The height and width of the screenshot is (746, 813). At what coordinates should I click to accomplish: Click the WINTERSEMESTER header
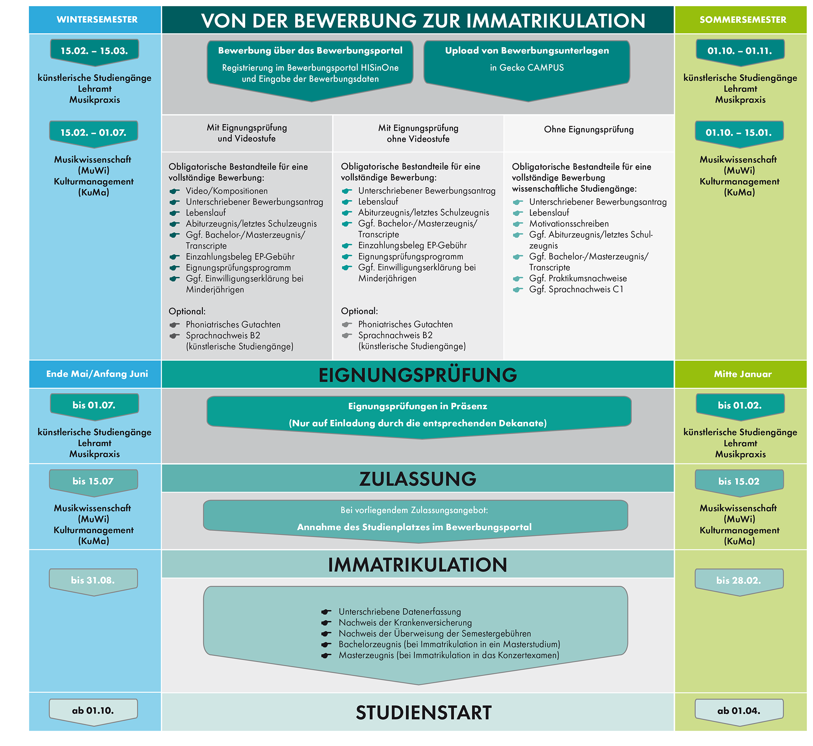point(97,20)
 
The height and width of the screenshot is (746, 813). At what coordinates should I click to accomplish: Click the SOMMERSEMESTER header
point(742,20)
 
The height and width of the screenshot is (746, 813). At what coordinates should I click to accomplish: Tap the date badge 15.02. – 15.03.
point(94,51)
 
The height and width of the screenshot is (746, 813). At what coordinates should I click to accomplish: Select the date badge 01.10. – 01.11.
point(739,51)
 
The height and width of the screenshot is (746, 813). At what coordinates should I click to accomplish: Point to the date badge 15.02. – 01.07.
point(93,132)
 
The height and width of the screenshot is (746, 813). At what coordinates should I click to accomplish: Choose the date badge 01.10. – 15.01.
point(739,132)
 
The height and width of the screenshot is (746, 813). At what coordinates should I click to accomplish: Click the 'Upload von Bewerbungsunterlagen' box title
point(527,50)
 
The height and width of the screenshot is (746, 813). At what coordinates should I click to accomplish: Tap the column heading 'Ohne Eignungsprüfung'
point(589,129)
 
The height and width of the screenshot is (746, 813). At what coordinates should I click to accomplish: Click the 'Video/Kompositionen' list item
point(226,191)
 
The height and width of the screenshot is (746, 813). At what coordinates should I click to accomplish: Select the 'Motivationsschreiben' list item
point(569,223)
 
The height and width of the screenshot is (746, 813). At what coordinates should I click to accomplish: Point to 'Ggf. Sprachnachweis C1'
point(576,289)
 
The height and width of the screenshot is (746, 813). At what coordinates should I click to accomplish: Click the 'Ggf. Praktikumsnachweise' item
point(578,278)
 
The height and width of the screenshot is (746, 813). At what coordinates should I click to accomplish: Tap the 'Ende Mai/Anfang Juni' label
point(97,374)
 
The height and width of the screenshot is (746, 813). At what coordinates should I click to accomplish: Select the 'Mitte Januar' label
point(742,374)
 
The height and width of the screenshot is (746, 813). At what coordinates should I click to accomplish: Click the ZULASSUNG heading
point(417,479)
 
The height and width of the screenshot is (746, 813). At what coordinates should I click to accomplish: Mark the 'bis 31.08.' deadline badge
point(93,580)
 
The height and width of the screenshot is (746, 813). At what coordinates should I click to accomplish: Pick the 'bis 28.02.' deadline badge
point(738,580)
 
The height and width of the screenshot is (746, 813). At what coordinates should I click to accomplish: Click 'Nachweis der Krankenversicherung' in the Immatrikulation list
point(405,622)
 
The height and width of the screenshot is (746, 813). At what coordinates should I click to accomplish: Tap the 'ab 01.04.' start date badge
point(738,711)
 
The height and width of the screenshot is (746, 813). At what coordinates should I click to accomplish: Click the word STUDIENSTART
point(424,713)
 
